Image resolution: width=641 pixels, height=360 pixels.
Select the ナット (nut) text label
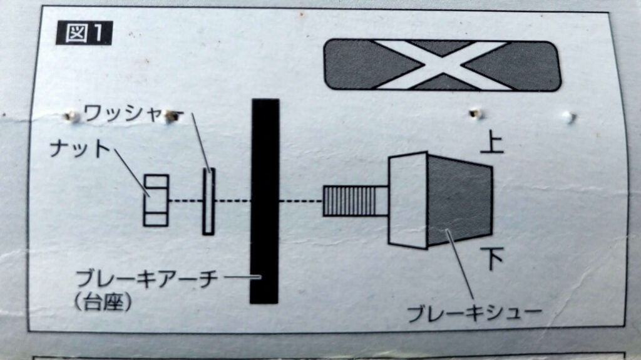tap(79, 150)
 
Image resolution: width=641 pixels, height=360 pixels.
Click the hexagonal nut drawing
tap(156, 200)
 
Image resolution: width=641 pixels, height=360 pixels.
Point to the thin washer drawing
tap(209, 201)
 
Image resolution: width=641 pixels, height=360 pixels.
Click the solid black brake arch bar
tap(264, 200)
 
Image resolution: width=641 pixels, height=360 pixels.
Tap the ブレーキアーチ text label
tap(146, 277)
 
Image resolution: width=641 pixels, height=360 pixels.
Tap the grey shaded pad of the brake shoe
tap(460, 200)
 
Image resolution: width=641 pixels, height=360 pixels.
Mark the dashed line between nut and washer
tap(185, 200)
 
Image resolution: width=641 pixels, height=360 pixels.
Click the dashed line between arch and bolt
tap(300, 201)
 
